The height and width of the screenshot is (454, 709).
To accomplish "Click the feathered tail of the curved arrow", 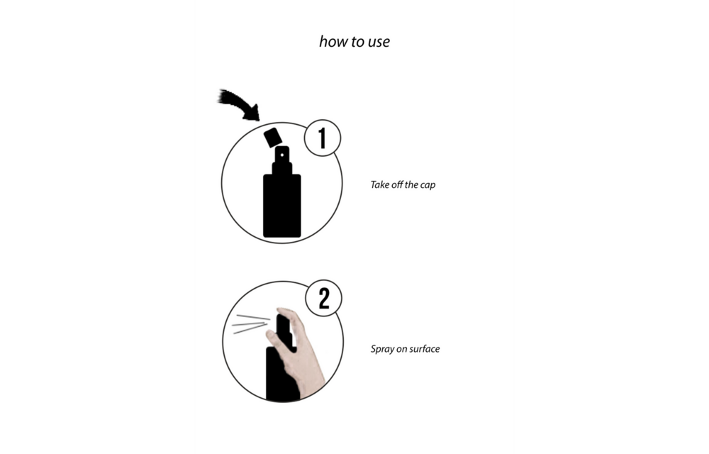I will [x=228, y=97].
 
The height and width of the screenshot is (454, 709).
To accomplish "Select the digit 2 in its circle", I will [x=324, y=299].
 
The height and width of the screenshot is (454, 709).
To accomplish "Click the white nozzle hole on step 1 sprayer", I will [x=281, y=153].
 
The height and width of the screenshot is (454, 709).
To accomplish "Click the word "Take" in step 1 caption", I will [x=381, y=185].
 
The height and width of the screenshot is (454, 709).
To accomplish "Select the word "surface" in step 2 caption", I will [x=424, y=349].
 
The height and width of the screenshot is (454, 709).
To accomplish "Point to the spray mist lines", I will [x=246, y=325].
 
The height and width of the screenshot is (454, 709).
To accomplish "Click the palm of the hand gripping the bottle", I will [x=306, y=362].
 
